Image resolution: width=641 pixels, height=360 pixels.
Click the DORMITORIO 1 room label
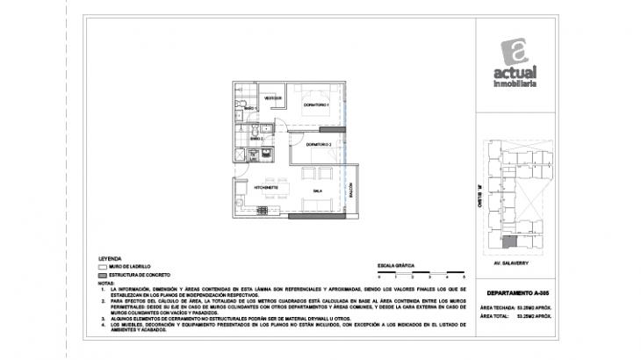coord(315,105)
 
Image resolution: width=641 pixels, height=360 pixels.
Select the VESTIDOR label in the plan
coord(273,98)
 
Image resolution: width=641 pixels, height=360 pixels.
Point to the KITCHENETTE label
coord(266,188)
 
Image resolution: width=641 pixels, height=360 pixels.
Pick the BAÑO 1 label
coord(250,107)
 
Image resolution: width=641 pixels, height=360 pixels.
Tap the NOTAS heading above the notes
coord(107,283)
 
